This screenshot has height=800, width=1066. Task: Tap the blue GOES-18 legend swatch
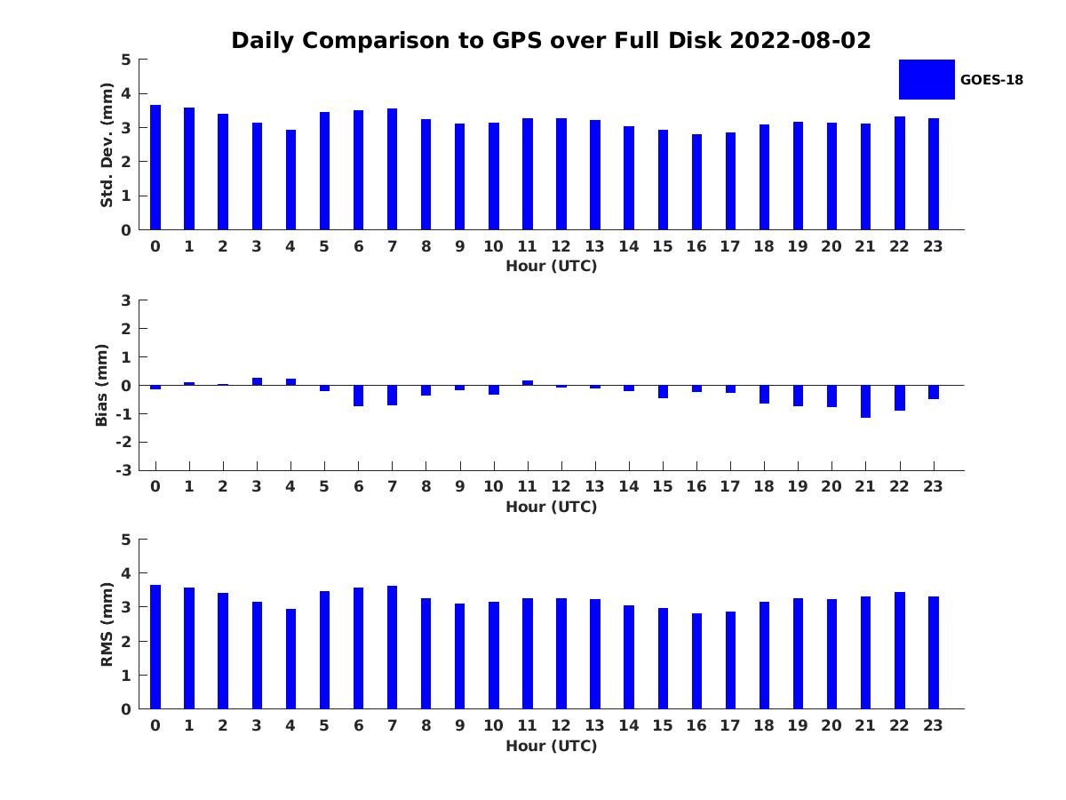pyautogui.click(x=927, y=80)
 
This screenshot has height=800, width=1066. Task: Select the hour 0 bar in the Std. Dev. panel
pyautogui.click(x=155, y=167)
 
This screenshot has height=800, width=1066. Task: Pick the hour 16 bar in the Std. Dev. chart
pyautogui.click(x=697, y=181)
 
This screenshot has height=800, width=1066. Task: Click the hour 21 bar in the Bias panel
pyautogui.click(x=865, y=401)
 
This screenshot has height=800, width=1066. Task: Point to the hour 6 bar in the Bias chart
pyautogui.click(x=358, y=396)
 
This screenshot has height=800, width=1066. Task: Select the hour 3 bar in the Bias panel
pyautogui.click(x=257, y=381)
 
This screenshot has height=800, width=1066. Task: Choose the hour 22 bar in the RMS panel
pyautogui.click(x=899, y=651)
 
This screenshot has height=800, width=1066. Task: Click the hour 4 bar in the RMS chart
pyautogui.click(x=290, y=660)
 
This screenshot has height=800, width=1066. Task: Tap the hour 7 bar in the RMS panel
pyautogui.click(x=393, y=647)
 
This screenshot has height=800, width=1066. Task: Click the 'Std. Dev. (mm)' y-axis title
pyautogui.click(x=107, y=145)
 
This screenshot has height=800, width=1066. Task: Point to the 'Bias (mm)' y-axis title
pyautogui.click(x=101, y=385)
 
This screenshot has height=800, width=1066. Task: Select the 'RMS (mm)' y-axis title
pyautogui.click(x=107, y=624)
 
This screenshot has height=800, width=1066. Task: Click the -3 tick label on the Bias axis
pyautogui.click(x=123, y=470)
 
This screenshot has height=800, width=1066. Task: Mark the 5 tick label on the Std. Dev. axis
pyautogui.click(x=126, y=60)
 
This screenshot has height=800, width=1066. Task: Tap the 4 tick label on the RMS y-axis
pyautogui.click(x=126, y=573)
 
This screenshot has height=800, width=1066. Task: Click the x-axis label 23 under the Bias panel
pyautogui.click(x=933, y=486)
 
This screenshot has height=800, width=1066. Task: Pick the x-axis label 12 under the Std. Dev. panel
pyautogui.click(x=561, y=246)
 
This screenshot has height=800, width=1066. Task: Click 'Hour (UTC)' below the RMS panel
pyautogui.click(x=552, y=746)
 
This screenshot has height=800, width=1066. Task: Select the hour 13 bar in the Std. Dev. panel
pyautogui.click(x=595, y=175)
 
